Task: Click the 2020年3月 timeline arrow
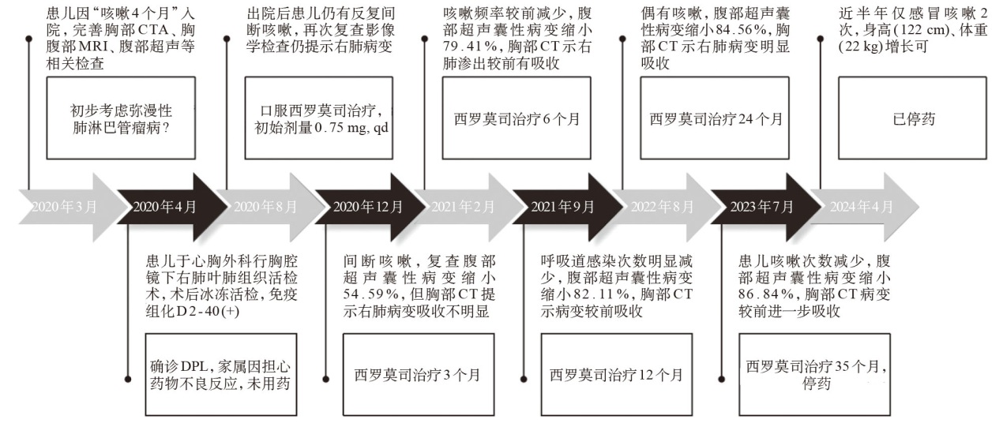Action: click(x=67, y=207)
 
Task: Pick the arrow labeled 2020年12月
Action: click(x=370, y=207)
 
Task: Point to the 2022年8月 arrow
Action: click(x=667, y=207)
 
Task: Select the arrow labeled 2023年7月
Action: click(x=767, y=207)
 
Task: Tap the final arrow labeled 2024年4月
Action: click(x=865, y=207)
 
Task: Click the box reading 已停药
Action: click(x=912, y=118)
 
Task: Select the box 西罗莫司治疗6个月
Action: click(x=517, y=118)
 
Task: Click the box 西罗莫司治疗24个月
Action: click(x=715, y=118)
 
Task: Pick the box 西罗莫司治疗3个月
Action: click(x=419, y=375)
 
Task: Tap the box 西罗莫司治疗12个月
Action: click(x=617, y=375)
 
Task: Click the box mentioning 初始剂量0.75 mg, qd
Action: click(x=319, y=118)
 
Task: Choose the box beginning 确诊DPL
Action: click(x=221, y=375)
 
